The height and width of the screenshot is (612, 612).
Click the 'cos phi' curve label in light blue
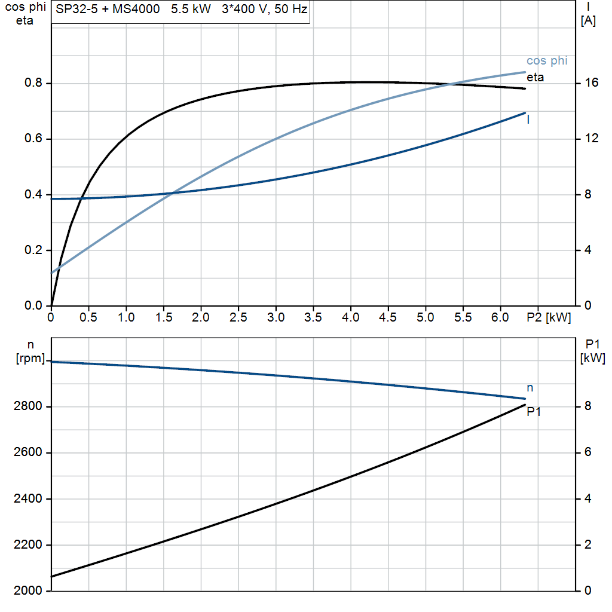coord(547,61)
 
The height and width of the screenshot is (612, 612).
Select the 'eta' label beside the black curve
coord(535,77)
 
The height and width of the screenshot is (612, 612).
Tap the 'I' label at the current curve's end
coord(528,120)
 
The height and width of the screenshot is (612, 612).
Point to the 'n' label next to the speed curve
coord(530,388)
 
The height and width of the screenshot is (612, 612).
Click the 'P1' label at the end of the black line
coord(534,411)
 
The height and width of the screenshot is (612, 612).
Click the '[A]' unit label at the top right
coord(588,21)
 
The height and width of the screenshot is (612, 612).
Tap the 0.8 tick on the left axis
coord(33,83)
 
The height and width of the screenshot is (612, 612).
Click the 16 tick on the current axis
coord(592,83)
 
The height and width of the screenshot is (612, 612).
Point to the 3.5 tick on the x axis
coord(314,318)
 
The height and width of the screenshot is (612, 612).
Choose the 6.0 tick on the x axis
coord(501,318)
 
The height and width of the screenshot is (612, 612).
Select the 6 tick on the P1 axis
coord(588,452)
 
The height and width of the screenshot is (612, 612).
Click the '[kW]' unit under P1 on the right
coord(592,359)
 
